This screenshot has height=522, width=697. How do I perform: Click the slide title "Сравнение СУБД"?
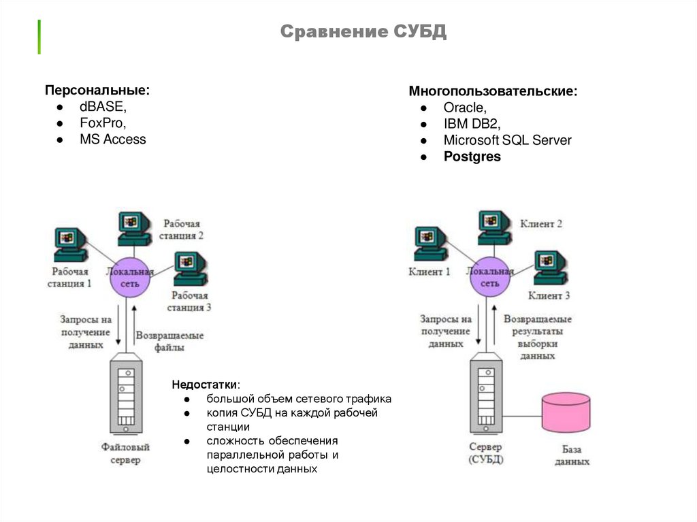point(363,31)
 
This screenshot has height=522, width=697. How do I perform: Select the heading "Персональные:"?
point(97,91)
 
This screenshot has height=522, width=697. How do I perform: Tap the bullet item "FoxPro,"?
point(103,123)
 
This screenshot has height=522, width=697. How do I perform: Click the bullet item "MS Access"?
point(112,140)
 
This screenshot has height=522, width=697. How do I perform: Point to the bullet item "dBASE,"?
point(103,107)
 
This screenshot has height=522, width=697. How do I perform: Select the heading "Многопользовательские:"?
point(493,91)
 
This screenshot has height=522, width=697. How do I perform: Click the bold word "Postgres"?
point(472,157)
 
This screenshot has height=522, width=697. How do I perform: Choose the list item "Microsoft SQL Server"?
point(507,140)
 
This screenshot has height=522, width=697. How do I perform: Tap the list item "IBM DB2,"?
point(472,124)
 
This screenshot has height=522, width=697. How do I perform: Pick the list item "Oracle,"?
point(464,108)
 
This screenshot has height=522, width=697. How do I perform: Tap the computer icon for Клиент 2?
point(494,227)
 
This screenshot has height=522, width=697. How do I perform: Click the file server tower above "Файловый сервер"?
point(126,394)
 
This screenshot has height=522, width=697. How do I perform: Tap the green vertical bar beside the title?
point(39,37)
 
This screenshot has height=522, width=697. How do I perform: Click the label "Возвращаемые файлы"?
point(169,341)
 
